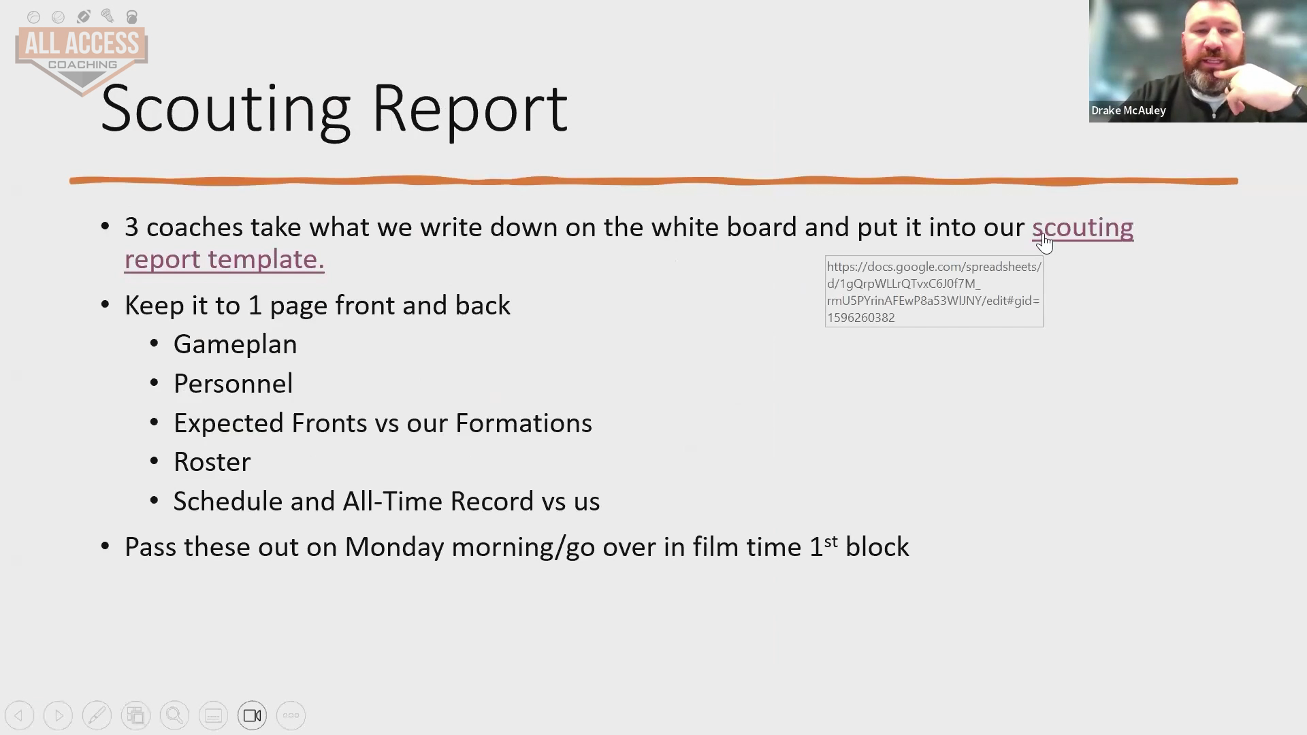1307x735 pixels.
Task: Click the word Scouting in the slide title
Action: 225,109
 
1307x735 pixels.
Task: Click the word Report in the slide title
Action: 470,109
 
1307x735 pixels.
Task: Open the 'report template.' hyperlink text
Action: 225,259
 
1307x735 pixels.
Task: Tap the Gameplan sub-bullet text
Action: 235,345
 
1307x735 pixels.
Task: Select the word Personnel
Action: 233,384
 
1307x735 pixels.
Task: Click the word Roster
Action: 212,462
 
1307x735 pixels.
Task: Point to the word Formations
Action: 523,423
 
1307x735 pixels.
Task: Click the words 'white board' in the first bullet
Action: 724,227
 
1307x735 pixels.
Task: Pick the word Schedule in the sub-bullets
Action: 228,502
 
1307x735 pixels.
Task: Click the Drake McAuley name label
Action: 1129,110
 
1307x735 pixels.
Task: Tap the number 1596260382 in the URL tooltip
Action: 861,318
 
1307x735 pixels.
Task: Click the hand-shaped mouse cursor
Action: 1045,243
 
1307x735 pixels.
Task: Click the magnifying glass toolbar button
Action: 174,715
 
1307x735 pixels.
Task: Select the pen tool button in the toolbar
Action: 97,715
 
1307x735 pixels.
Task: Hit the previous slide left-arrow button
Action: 19,715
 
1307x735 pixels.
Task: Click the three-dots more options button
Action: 291,715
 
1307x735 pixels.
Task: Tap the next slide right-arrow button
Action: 58,715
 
